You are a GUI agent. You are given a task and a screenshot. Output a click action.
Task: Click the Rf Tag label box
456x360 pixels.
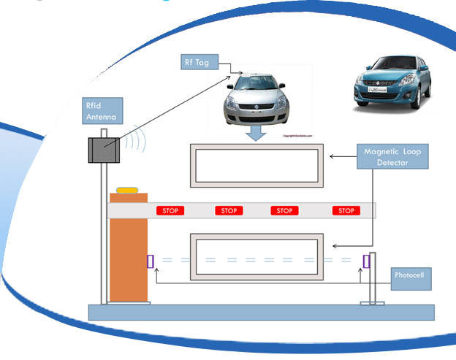pyautogui.click(x=197, y=62)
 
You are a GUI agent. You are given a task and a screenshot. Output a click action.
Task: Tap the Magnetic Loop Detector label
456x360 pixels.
pyautogui.click(x=393, y=157)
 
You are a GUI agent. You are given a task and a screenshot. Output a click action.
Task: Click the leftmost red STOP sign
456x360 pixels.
pyautogui.click(x=170, y=211)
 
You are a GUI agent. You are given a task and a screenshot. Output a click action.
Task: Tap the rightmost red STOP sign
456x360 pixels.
pyautogui.click(x=346, y=211)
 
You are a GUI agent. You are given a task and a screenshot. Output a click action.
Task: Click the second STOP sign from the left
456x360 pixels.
pyautogui.click(x=229, y=211)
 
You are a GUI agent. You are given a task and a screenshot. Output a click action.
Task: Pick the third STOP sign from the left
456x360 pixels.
pyautogui.click(x=284, y=211)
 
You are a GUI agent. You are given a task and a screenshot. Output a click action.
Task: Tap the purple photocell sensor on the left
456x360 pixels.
pyautogui.click(x=151, y=261)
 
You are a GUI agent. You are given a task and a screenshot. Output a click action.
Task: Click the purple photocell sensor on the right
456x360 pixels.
pyautogui.click(x=366, y=261)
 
